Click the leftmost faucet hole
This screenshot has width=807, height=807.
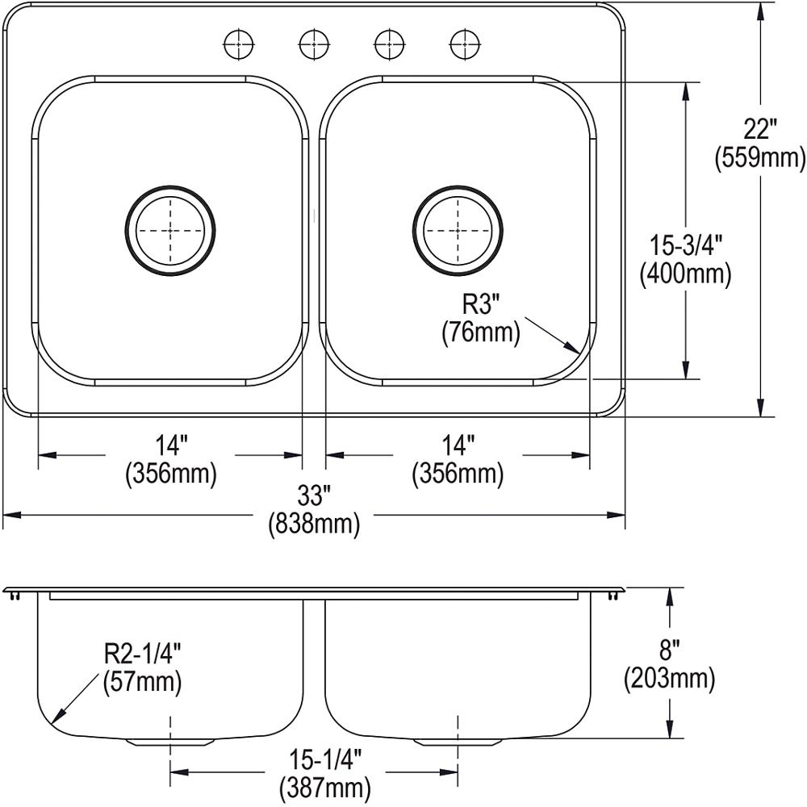239,44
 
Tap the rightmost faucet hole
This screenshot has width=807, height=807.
463,44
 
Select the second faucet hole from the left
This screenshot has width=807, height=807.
314,44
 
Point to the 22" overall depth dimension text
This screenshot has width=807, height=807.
759,129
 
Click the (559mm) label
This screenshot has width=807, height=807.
759,158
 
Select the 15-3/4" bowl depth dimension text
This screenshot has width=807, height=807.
685,244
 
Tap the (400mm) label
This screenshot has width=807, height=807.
685,274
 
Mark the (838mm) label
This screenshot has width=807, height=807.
313,525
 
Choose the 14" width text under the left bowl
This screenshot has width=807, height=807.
170,445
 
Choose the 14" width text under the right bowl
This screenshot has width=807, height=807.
458,445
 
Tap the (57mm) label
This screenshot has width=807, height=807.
142,683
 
